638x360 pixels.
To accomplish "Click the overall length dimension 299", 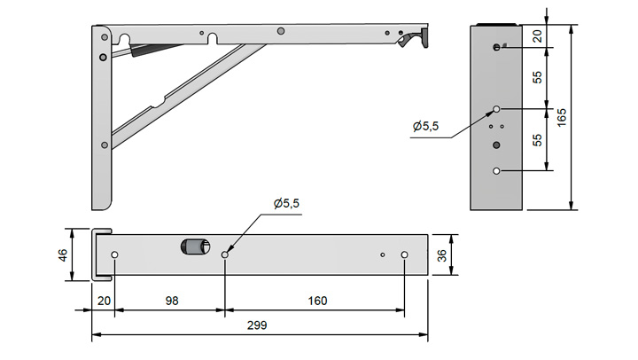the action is [257, 325].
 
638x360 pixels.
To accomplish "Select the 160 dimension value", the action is [317, 301].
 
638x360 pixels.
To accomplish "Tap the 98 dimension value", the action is [172, 301].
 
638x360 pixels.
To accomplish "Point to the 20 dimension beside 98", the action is [105, 301].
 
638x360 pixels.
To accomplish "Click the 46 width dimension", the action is [63, 255].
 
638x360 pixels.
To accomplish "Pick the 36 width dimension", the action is [441, 255].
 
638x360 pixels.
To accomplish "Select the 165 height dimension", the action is [561, 117].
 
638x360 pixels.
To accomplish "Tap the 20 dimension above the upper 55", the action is [537, 36].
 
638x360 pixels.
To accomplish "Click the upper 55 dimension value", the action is [537, 77].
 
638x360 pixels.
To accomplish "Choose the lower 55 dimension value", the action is [537, 140].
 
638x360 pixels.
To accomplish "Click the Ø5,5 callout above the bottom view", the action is [286, 203].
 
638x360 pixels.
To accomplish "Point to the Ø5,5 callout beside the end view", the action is [425, 126].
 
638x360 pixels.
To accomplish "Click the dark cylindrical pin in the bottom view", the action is [195, 247].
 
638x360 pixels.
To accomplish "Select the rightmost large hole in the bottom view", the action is [404, 255].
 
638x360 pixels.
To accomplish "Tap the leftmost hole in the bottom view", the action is [114, 255].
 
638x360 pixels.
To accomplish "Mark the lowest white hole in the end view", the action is [496, 171].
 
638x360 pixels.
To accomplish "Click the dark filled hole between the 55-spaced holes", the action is [496, 145].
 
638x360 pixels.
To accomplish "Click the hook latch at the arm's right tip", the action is [413, 38].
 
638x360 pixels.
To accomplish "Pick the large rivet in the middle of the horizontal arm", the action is [280, 31].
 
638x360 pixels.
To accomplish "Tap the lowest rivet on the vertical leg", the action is [105, 145].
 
